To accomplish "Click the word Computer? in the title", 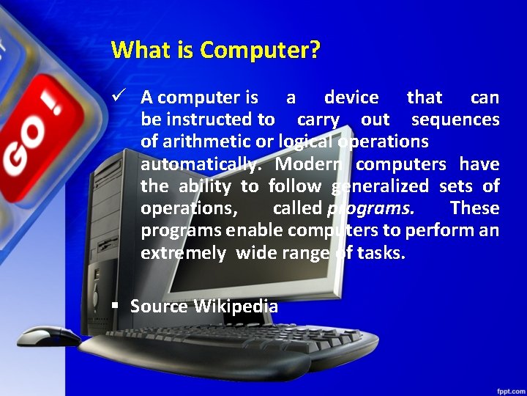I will [x=260, y=51].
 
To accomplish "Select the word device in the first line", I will [x=351, y=98].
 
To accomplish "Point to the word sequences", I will [x=455, y=120].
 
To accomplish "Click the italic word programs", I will [x=370, y=208].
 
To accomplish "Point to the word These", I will [x=474, y=208].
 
